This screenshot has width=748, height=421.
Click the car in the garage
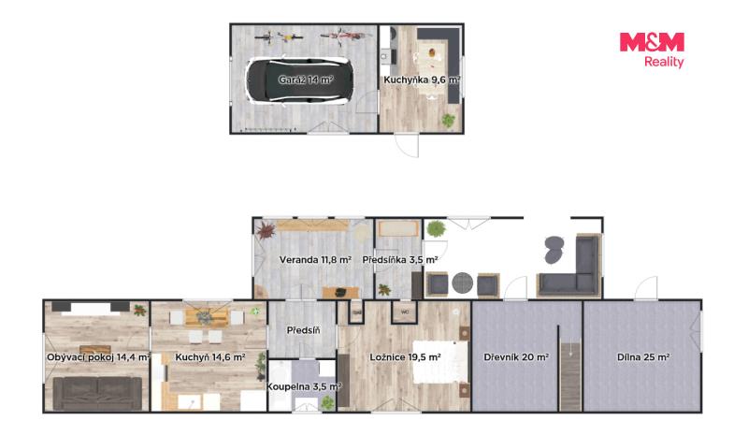click(x=299, y=80)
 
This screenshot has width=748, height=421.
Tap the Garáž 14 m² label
click(x=306, y=80)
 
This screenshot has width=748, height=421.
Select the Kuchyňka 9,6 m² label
click(x=422, y=80)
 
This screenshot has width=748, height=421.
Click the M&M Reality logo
click(x=652, y=50)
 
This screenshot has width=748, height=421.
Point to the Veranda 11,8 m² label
click(x=315, y=260)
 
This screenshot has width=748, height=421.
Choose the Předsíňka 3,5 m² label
click(x=400, y=260)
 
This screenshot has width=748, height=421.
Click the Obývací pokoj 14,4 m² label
click(x=98, y=357)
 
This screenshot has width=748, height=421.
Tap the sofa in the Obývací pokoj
click(x=97, y=393)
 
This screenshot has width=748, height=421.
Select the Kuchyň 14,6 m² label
click(x=209, y=357)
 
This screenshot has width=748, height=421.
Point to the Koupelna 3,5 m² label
click(x=304, y=386)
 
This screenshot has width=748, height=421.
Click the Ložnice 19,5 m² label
click(x=405, y=357)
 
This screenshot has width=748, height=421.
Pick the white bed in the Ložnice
click(x=439, y=361)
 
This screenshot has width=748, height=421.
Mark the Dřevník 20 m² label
click(x=516, y=357)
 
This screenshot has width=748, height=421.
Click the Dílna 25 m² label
click(x=643, y=357)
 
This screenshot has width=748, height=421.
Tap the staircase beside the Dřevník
click(x=570, y=376)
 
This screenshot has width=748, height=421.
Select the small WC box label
click(x=405, y=312)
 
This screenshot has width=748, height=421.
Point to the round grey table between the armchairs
click(x=462, y=283)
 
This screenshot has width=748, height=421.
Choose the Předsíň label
click(x=303, y=330)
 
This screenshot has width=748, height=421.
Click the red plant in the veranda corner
click(x=266, y=230)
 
